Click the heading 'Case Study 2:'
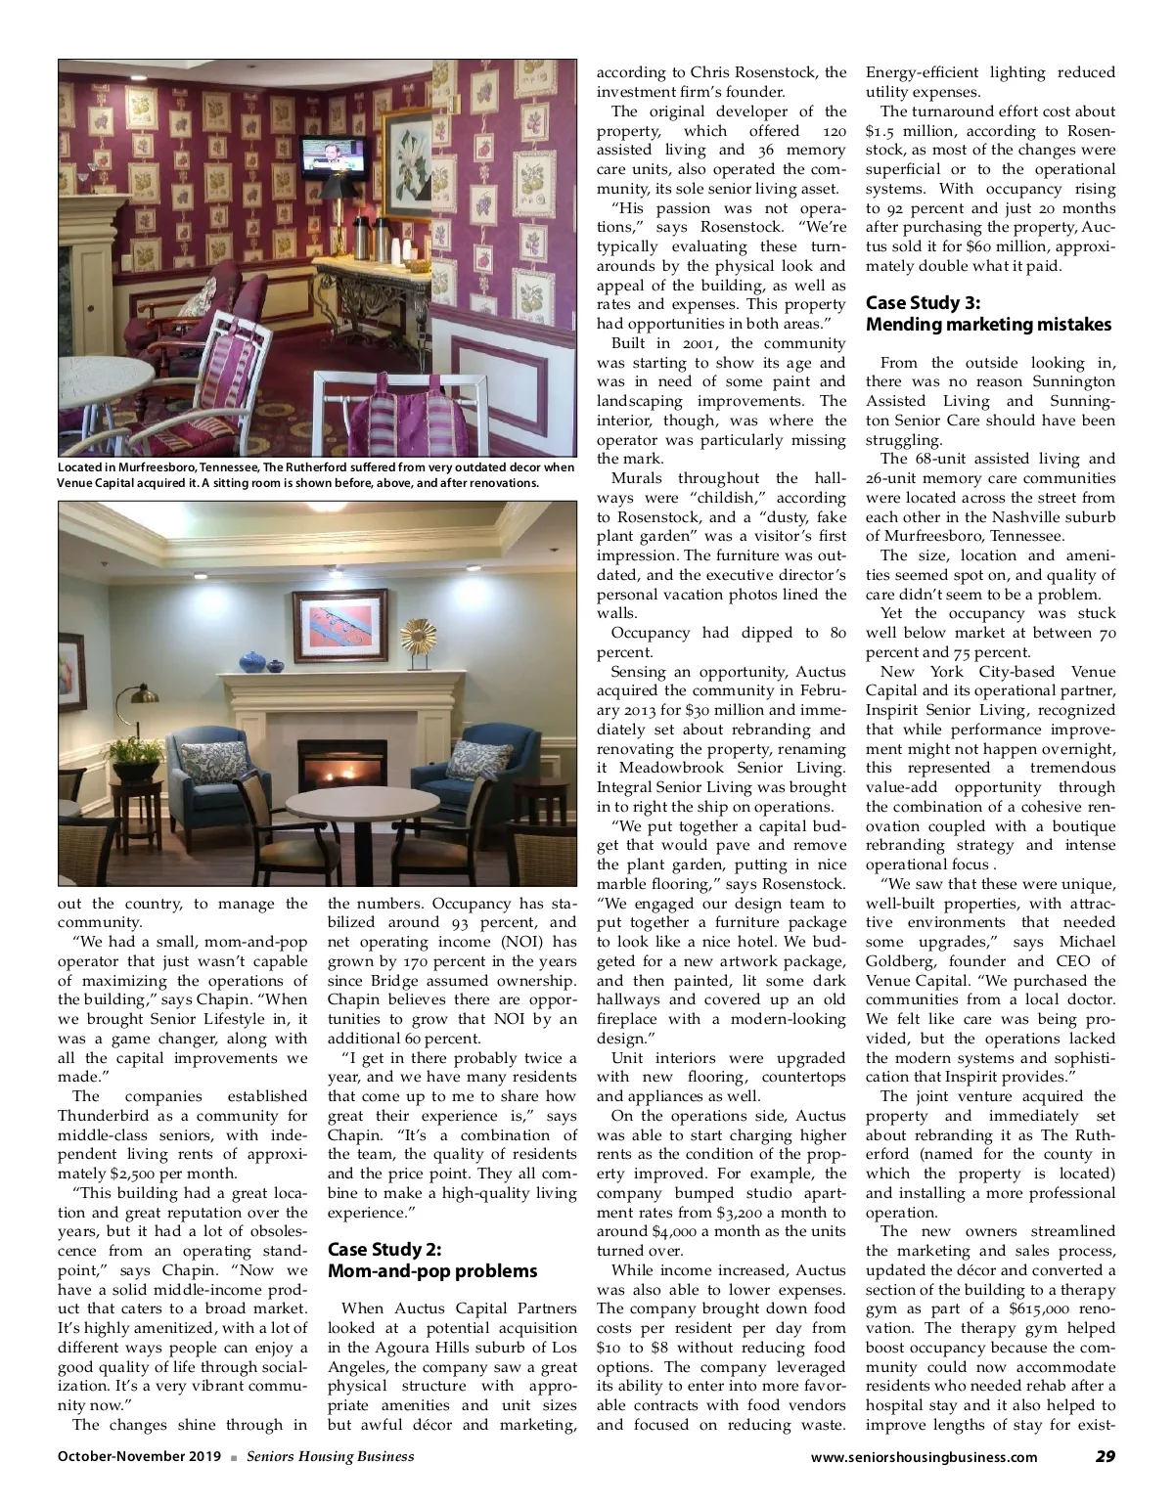(x=384, y=1250)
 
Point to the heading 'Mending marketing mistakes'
(x=989, y=324)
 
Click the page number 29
(x=1105, y=1456)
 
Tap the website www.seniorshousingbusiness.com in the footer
(x=925, y=1457)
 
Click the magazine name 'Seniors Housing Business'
(x=330, y=1456)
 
